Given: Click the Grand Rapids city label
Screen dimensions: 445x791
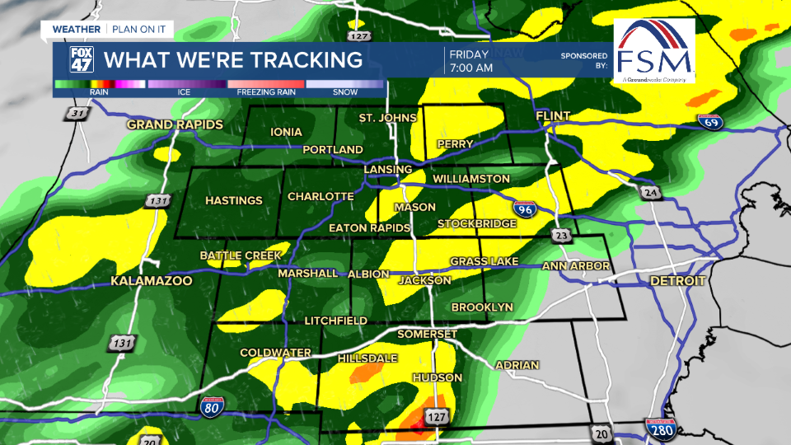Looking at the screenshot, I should [x=175, y=124].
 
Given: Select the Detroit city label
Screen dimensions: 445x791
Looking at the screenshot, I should [x=677, y=281].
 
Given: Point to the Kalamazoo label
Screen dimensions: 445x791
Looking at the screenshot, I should [x=152, y=282].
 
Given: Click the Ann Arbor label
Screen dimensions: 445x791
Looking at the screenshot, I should [x=576, y=266].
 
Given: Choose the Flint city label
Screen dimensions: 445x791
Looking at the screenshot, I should [x=553, y=117].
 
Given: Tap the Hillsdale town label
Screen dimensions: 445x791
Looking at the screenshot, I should [x=367, y=358].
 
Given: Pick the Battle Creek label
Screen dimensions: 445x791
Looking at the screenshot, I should [x=241, y=255].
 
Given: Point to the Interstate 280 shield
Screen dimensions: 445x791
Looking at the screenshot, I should [x=656, y=430].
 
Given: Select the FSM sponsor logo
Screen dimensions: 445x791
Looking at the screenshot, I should [x=654, y=51].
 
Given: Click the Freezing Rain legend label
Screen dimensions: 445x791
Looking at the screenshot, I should [x=266, y=92].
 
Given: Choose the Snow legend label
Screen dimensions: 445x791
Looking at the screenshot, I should [x=345, y=92].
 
